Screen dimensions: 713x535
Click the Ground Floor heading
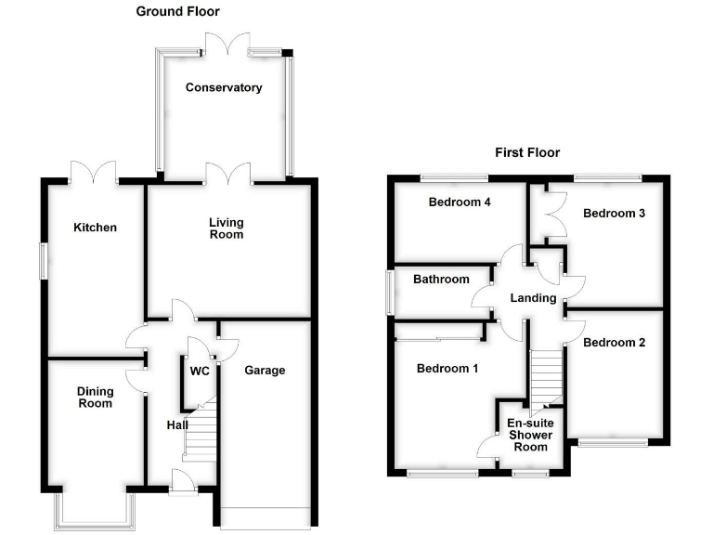click(x=178, y=12)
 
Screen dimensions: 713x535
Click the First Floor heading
click(x=527, y=152)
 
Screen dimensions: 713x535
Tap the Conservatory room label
click(x=224, y=88)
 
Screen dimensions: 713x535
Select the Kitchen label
click(x=96, y=228)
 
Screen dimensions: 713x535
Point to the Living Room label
click(x=226, y=228)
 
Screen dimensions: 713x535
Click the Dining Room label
click(x=95, y=398)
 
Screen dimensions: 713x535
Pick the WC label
click(x=200, y=372)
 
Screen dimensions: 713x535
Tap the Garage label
click(x=265, y=371)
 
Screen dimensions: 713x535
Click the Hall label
click(x=177, y=425)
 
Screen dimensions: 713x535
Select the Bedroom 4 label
click(x=459, y=202)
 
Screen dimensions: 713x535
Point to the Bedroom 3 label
click(x=614, y=213)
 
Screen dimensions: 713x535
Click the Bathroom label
click(x=442, y=279)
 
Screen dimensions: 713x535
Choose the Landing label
click(x=533, y=298)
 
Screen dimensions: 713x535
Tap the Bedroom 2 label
click(x=614, y=342)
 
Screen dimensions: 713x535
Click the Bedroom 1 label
click(x=447, y=369)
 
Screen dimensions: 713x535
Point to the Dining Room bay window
click(x=95, y=511)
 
